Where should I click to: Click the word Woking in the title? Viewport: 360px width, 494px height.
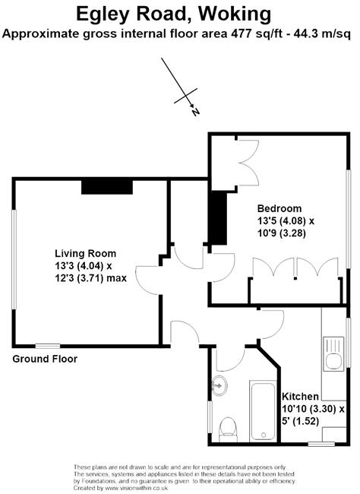tap(235, 15)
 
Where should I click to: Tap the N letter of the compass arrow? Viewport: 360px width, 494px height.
tap(196, 112)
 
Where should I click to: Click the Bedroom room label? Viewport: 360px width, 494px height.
tap(279, 208)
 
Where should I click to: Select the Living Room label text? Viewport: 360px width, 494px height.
tap(85, 254)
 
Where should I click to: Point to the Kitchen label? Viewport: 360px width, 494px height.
tap(300, 396)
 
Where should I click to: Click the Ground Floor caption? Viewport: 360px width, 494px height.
tap(45, 359)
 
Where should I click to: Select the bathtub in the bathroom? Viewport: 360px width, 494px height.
tap(264, 411)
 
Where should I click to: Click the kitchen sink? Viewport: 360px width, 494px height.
tap(333, 353)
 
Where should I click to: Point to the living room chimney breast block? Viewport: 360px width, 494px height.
tap(107, 186)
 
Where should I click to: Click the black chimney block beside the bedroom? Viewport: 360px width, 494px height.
tap(219, 218)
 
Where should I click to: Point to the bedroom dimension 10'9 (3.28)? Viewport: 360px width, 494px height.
tap(281, 233)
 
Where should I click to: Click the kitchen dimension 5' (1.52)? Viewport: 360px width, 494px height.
tap(301, 421)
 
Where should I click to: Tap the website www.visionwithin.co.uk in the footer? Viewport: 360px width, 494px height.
tap(137, 488)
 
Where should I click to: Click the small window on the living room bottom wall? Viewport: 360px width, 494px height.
tap(48, 346)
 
